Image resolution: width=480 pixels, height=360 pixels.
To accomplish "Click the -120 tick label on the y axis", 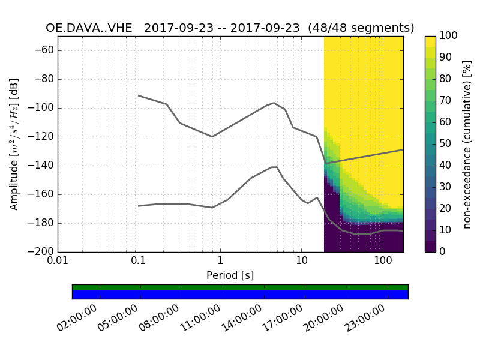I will point(43,137).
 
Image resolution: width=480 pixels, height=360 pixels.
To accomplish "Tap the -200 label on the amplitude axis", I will point(43,252).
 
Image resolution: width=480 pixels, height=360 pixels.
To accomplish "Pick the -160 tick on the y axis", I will point(43,194).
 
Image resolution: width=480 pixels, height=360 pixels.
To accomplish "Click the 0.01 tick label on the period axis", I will point(58,262).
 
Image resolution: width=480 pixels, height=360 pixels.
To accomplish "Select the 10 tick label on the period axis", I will point(302,262).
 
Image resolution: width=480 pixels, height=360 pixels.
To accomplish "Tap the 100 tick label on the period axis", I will point(383,262).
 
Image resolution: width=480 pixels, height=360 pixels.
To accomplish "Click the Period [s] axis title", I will point(230,275).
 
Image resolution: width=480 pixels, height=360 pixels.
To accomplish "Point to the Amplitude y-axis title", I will point(14,144).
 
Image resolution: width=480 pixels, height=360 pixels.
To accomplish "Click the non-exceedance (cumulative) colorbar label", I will point(468,144).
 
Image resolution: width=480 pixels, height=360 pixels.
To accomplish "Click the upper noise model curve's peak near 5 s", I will point(274,103).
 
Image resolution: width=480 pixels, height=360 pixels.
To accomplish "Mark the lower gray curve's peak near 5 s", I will point(274,167).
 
